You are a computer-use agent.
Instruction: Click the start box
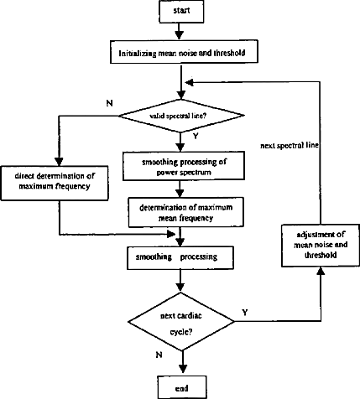181,11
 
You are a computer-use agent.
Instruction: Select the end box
182,388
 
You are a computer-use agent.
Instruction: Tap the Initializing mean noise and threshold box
184,52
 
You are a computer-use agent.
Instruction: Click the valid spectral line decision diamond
181,116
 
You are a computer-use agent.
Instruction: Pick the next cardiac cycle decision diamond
181,321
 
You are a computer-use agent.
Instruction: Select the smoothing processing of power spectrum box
184,166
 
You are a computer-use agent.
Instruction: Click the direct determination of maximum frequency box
55,183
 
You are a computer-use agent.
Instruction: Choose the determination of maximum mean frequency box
186,212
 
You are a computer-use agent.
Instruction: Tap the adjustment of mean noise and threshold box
321,246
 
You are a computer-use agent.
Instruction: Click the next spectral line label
290,146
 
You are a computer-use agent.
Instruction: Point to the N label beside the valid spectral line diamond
110,103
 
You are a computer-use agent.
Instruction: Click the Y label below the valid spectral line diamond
196,136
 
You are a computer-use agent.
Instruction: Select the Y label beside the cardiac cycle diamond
245,312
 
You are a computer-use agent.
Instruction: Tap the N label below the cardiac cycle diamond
159,355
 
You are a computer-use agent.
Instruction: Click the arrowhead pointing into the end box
182,369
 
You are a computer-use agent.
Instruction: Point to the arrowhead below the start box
179,35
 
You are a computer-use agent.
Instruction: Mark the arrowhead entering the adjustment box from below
321,271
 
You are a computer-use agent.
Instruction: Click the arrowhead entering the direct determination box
59,162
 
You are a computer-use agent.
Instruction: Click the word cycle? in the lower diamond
181,332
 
